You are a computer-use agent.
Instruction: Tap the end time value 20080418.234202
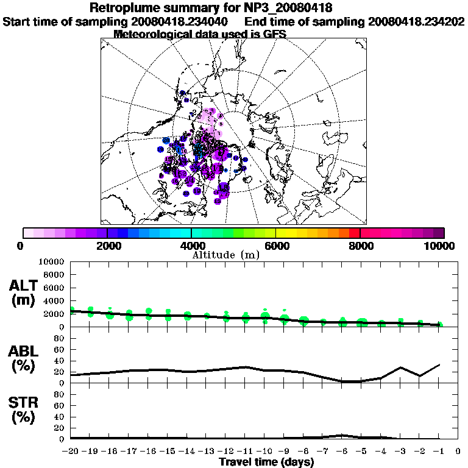pyautogui.click(x=416, y=21)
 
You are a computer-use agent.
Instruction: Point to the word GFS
pyautogui.click(x=274, y=34)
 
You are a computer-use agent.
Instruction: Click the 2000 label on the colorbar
pyautogui.click(x=107, y=246)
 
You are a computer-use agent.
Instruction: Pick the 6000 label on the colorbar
pyautogui.click(x=276, y=246)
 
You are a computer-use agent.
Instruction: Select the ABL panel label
pyautogui.click(x=24, y=359)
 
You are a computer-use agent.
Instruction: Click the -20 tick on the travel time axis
pyautogui.click(x=71, y=452)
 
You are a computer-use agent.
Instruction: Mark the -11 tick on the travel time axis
pyautogui.click(x=245, y=452)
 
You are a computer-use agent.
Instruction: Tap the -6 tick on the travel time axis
pyautogui.click(x=342, y=452)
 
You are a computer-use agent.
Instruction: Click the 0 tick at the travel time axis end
pyautogui.click(x=458, y=452)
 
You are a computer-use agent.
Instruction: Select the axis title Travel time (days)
pyautogui.click(x=266, y=462)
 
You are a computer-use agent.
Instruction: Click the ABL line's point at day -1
pyautogui.click(x=439, y=364)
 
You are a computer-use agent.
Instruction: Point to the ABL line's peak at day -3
pyautogui.click(x=400, y=367)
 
